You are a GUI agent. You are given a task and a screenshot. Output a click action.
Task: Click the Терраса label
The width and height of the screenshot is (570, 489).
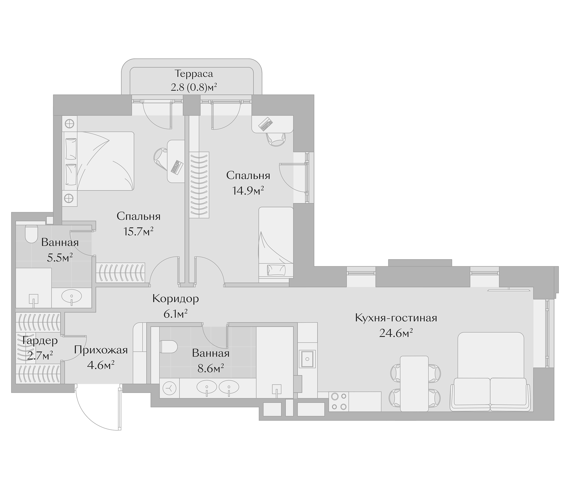click(x=194, y=74)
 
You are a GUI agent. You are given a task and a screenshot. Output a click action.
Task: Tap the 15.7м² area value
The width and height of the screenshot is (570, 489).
click(x=138, y=231)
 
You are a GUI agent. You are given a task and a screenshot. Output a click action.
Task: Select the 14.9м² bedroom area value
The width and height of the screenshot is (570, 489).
click(x=248, y=190)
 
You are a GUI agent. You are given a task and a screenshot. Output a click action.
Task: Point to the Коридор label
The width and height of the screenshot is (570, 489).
click(x=176, y=299)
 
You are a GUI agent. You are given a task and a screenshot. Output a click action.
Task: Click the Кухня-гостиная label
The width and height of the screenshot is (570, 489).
click(x=396, y=318)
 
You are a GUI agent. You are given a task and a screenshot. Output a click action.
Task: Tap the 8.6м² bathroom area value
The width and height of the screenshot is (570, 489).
click(x=210, y=368)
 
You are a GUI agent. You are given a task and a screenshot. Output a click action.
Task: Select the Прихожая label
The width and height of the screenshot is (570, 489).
click(x=101, y=350)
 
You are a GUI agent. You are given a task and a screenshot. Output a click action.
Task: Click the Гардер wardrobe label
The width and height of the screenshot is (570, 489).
click(x=40, y=341)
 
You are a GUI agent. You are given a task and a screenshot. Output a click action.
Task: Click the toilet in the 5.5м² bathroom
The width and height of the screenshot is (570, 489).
click(x=31, y=234)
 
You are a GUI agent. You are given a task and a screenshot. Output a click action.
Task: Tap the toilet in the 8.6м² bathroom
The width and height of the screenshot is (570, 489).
click(x=168, y=347)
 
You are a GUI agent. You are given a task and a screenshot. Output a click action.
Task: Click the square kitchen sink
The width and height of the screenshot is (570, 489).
click(x=307, y=359)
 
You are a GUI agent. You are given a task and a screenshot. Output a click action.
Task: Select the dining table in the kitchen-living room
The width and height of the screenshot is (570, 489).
click(x=414, y=383)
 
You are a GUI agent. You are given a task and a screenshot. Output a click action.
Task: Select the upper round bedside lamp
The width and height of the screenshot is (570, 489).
click(x=69, y=124)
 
